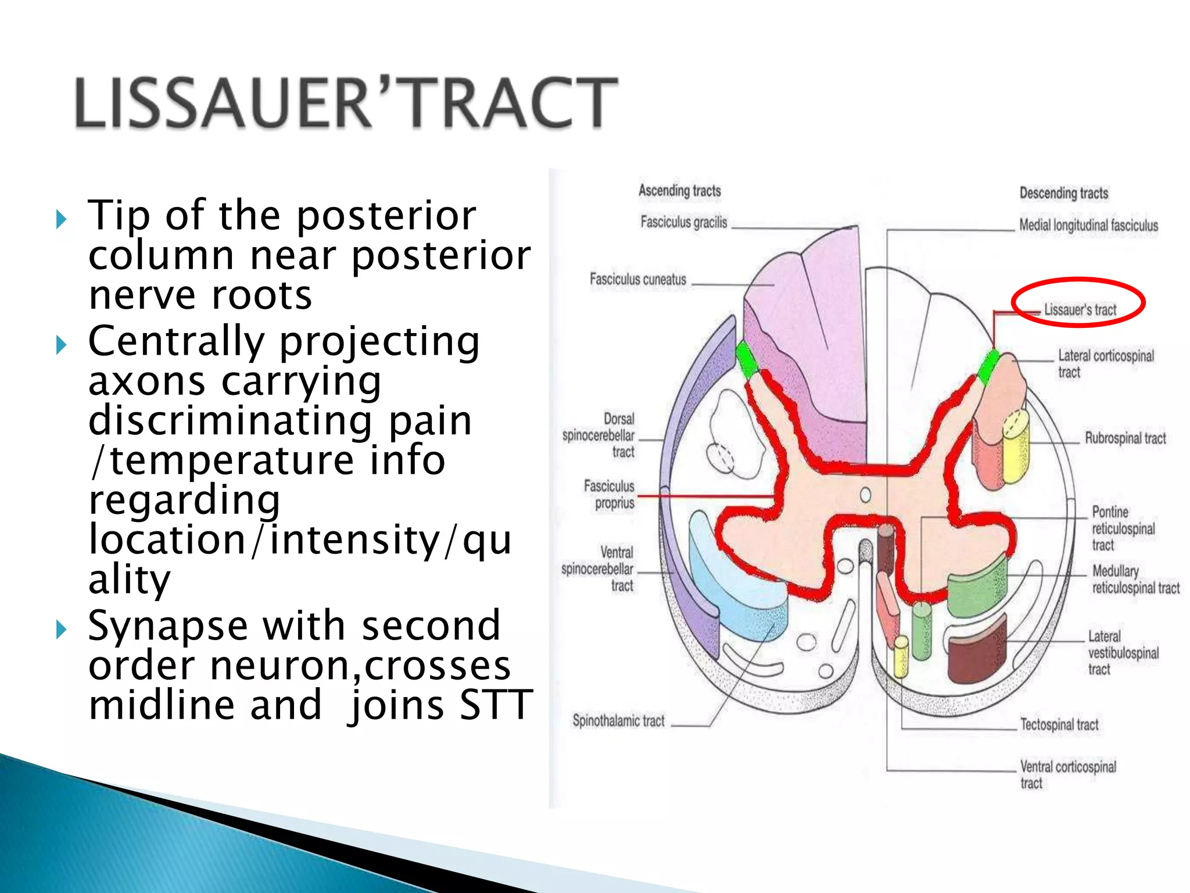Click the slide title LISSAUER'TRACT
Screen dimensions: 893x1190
[346, 103]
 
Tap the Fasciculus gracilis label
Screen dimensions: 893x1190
[683, 222]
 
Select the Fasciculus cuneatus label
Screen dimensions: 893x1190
[637, 280]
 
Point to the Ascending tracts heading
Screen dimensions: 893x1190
[679, 191]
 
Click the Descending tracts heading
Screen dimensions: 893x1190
[1063, 193]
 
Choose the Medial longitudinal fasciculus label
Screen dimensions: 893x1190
[1088, 226]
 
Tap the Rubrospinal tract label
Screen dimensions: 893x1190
[1125, 438]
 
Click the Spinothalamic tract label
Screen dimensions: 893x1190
[618, 721]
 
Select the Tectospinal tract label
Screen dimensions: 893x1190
[1059, 725]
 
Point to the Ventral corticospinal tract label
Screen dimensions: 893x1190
[1068, 774]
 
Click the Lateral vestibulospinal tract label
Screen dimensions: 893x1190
[1123, 653]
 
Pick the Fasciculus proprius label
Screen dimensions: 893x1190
[610, 494]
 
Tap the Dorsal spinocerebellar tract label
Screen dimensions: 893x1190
[599, 435]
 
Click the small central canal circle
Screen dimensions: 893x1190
[865, 495]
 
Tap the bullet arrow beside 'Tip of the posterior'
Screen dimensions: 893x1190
[61, 220]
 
